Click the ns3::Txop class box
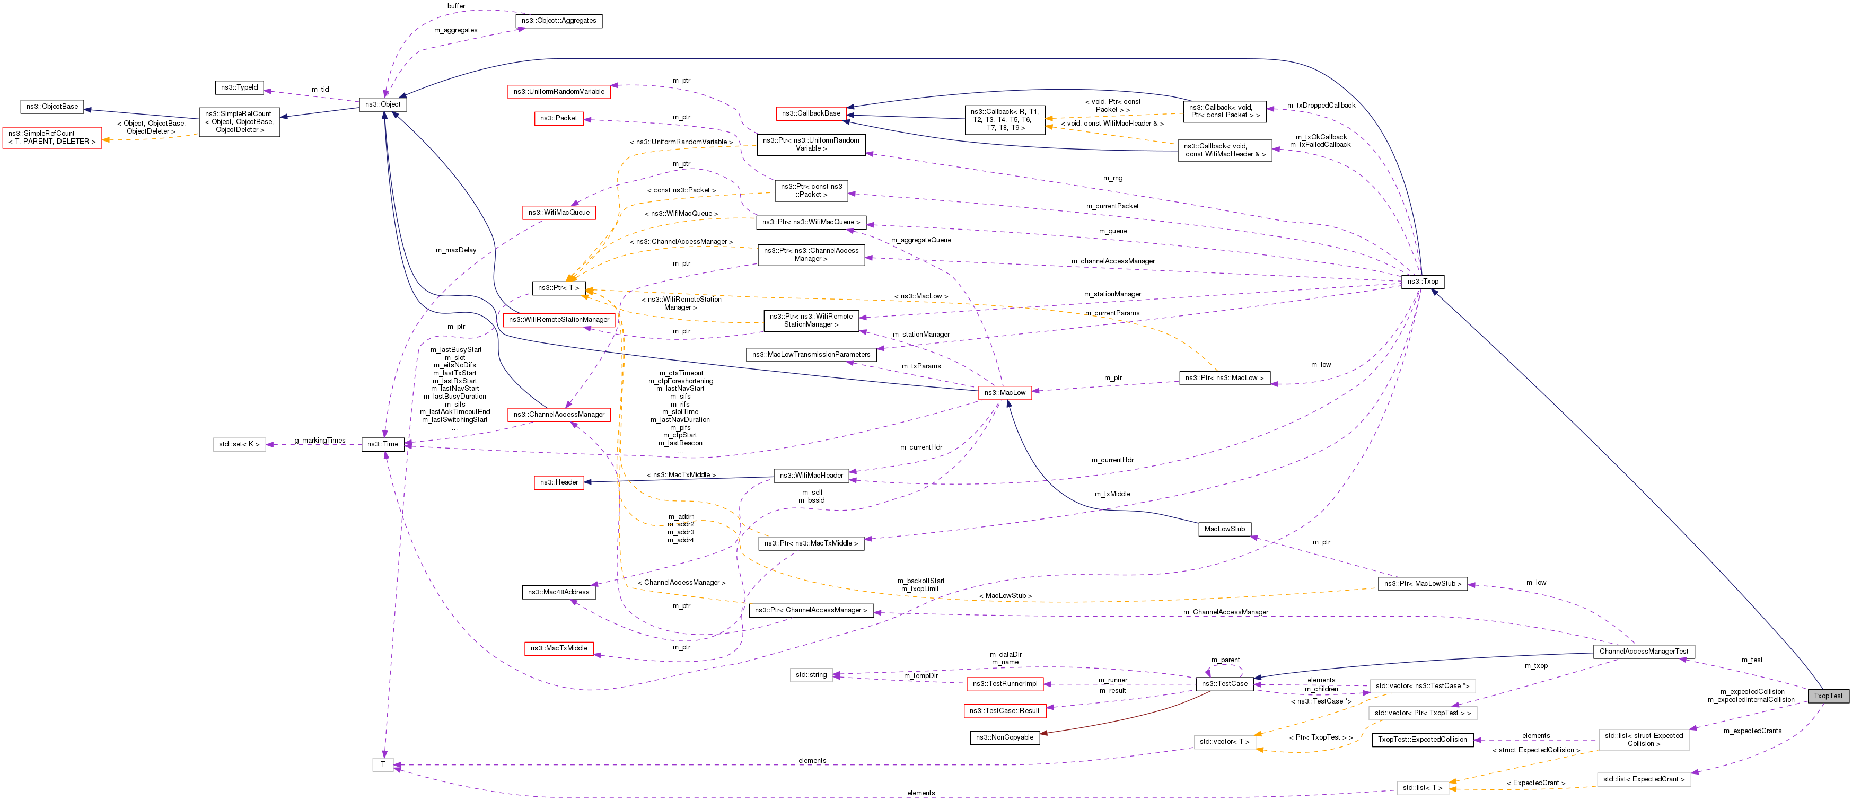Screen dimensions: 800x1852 [x=1422, y=281]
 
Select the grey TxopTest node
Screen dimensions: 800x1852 [x=1828, y=695]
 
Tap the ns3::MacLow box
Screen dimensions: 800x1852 [x=1004, y=392]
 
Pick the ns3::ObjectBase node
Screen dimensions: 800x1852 [x=52, y=107]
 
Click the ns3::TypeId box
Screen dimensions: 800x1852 [x=240, y=87]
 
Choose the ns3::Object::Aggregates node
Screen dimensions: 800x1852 [x=559, y=21]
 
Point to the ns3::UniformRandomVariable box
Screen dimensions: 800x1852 [x=559, y=91]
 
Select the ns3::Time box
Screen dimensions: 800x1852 [x=382, y=444]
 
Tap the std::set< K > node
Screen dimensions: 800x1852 [x=239, y=444]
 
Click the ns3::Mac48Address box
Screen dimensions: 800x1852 [x=559, y=592]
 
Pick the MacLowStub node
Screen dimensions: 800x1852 [x=1224, y=529]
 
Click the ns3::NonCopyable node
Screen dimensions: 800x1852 [x=1004, y=737]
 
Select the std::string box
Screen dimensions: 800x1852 [x=811, y=675]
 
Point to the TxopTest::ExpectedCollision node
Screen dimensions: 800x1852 [x=1422, y=739]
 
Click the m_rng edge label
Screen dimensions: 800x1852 [x=1112, y=178]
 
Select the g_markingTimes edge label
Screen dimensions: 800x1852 [x=320, y=440]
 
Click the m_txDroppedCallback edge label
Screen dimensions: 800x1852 [x=1321, y=105]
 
